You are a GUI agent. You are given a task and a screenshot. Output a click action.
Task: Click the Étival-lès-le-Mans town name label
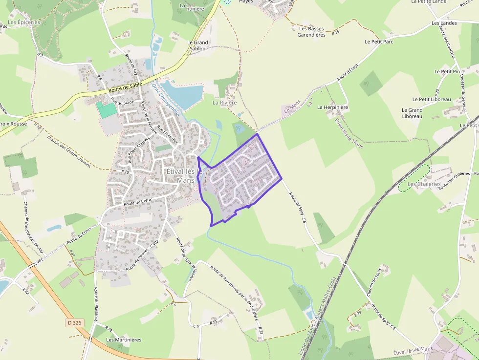tap(181, 175)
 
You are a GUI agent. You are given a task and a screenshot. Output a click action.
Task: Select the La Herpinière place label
tap(332, 107)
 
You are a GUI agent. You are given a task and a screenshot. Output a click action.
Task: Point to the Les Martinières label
tap(124, 339)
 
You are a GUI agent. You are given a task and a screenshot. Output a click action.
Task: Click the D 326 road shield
tap(74, 323)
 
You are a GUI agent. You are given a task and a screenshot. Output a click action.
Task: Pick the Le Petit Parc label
tap(379, 42)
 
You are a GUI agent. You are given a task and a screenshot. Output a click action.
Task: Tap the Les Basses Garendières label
tap(311, 32)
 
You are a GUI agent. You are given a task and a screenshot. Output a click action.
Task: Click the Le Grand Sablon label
tap(197, 45)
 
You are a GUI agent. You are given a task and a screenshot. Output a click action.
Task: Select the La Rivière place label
tap(224, 103)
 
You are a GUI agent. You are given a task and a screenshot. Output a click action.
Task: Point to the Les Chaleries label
tap(424, 184)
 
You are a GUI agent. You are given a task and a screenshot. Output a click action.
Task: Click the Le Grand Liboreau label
tap(412, 113)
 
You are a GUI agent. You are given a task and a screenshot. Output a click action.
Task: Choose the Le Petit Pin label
tap(447, 71)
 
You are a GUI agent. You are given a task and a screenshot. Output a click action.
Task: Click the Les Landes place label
tap(444, 23)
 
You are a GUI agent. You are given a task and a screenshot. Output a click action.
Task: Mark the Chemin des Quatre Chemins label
tap(69, 151)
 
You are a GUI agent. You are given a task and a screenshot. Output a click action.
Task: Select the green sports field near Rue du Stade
tap(107, 109)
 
